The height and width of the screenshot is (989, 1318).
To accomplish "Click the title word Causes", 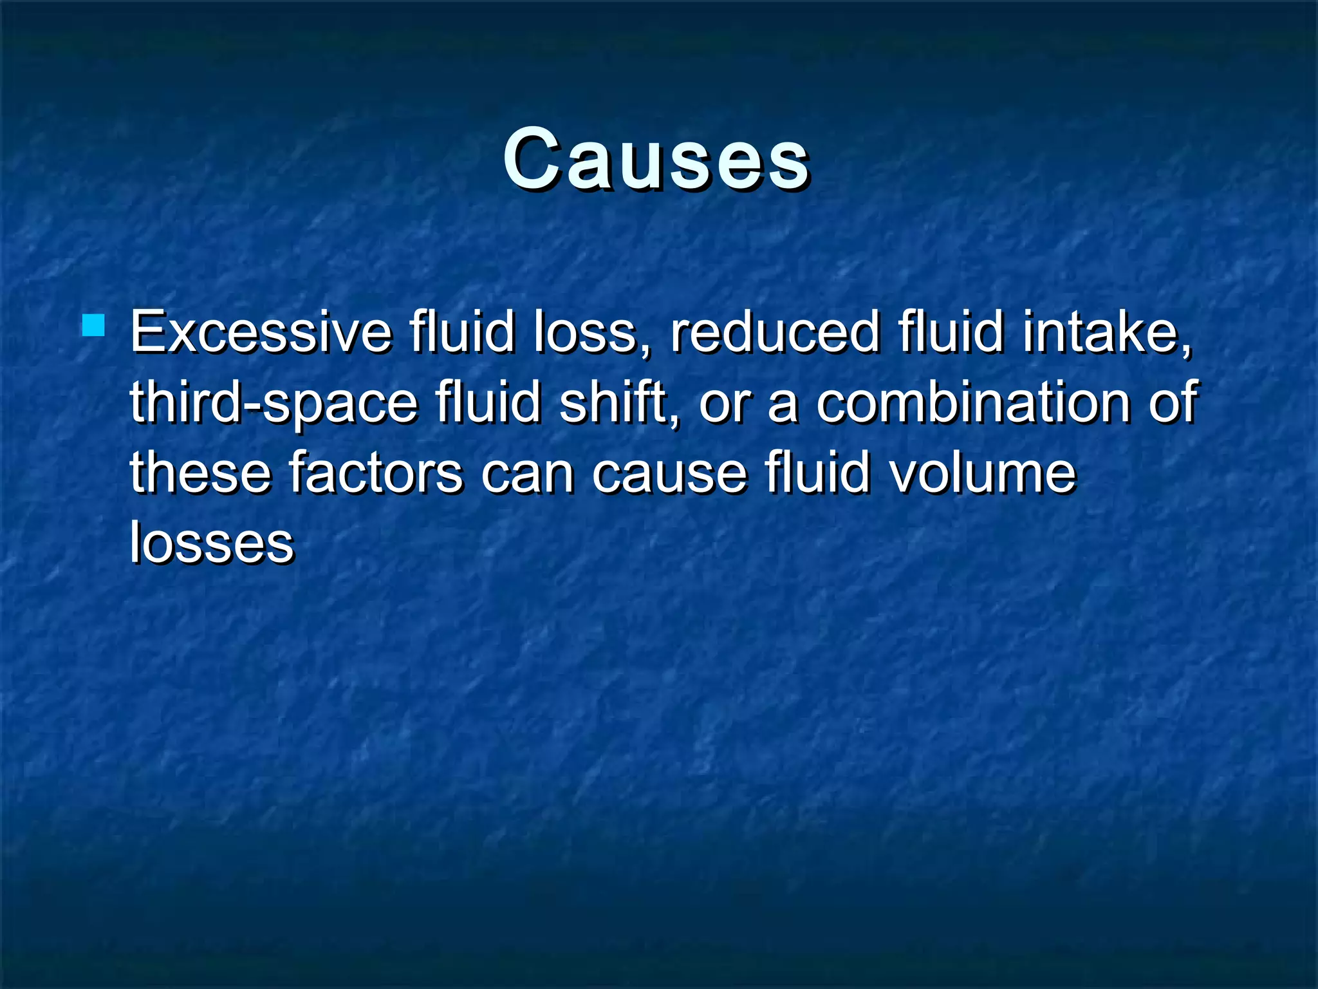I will pyautogui.click(x=656, y=159).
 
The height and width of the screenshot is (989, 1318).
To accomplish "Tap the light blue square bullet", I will pyautogui.click(x=93, y=325).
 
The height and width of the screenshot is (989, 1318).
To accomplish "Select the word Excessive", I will pyautogui.click(x=261, y=333).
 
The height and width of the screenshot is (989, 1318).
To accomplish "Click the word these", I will pyautogui.click(x=200, y=473).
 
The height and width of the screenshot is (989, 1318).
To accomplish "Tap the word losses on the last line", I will pyautogui.click(x=212, y=543).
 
